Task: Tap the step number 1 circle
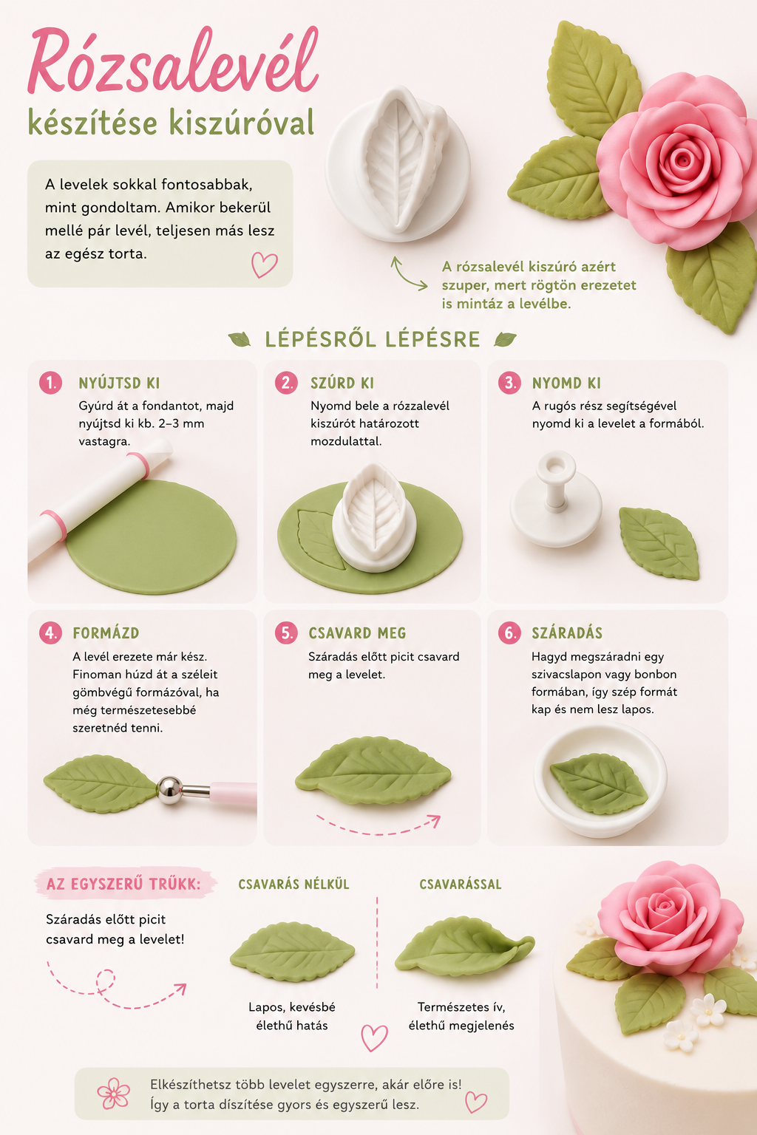tap(51, 383)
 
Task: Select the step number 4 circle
tap(51, 633)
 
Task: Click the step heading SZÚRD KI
tap(342, 383)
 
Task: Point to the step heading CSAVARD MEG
tap(358, 633)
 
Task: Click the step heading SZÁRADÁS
tap(567, 633)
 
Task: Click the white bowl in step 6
tap(600, 780)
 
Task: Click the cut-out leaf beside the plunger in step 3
tap(659, 543)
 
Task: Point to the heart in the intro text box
tap(264, 265)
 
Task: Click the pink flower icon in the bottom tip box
tap(114, 1094)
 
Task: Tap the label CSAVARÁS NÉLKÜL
tap(293, 885)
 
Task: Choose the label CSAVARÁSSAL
tap(461, 885)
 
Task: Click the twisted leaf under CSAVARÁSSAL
tap(464, 947)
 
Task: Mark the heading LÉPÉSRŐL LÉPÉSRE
tap(373, 339)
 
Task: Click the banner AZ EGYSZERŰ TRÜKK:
tap(124, 885)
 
